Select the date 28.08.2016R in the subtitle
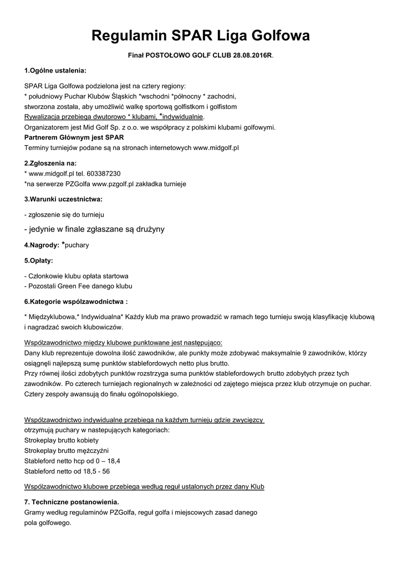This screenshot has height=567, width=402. (252, 56)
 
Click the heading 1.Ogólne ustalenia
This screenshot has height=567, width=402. (55, 71)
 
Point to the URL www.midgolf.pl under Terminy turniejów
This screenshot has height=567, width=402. (216, 148)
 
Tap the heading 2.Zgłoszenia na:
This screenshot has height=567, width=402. (50, 163)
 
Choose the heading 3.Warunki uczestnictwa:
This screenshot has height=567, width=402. (63, 198)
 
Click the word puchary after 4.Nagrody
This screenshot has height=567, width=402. (77, 245)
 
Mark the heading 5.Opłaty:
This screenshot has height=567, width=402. (38, 260)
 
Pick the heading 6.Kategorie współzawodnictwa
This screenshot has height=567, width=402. (75, 302)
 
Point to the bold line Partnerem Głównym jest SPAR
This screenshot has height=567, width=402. (74, 137)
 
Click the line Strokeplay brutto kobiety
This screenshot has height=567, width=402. (62, 440)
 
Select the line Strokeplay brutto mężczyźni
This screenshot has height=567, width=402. (67, 450)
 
